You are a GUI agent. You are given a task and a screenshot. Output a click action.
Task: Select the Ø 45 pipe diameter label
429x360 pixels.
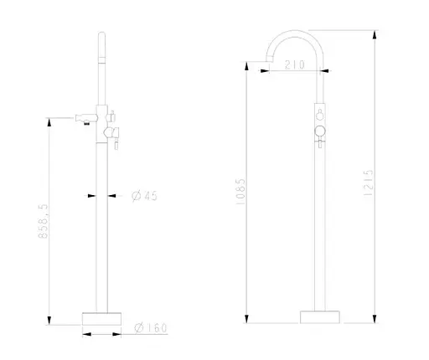(146, 197)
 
